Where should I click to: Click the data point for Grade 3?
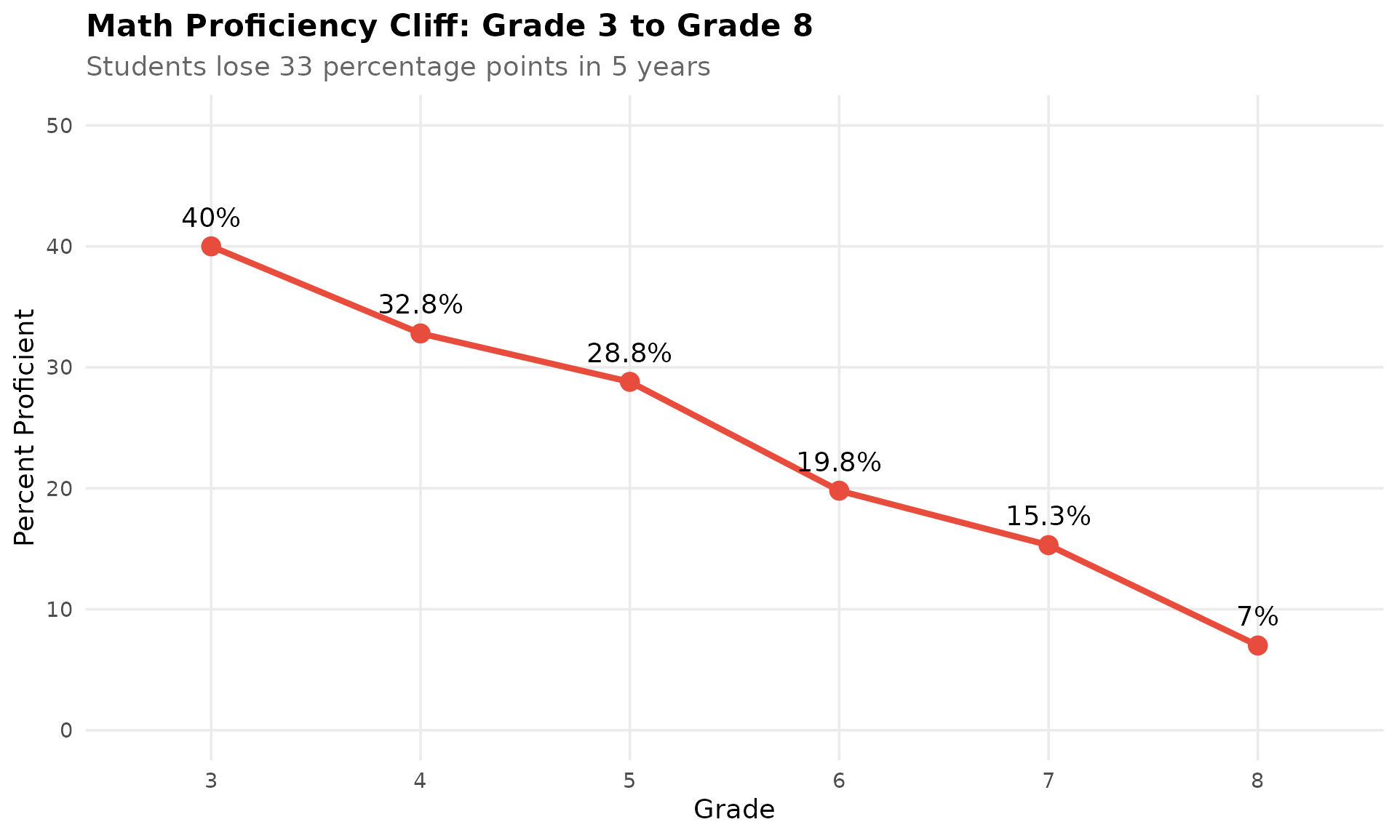pyautogui.click(x=211, y=247)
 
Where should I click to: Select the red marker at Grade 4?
pyautogui.click(x=420, y=334)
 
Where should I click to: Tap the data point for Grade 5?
pyautogui.click(x=629, y=382)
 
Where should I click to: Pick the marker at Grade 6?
pyautogui.click(x=839, y=490)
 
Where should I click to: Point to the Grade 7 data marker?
pyautogui.click(x=1048, y=545)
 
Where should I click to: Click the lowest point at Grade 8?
pyautogui.click(x=1257, y=645)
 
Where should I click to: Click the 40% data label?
pyautogui.click(x=211, y=218)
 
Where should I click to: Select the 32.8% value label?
pyautogui.click(x=420, y=305)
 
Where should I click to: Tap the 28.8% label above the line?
pyautogui.click(x=629, y=354)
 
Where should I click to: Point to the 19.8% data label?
pyautogui.click(x=839, y=462)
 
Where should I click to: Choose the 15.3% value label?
pyautogui.click(x=1048, y=516)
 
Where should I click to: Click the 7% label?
pyautogui.click(x=1257, y=617)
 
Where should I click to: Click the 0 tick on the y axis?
pyautogui.click(x=67, y=730)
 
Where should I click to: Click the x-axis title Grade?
pyautogui.click(x=734, y=810)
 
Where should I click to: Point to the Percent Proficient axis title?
pyautogui.click(x=25, y=427)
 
